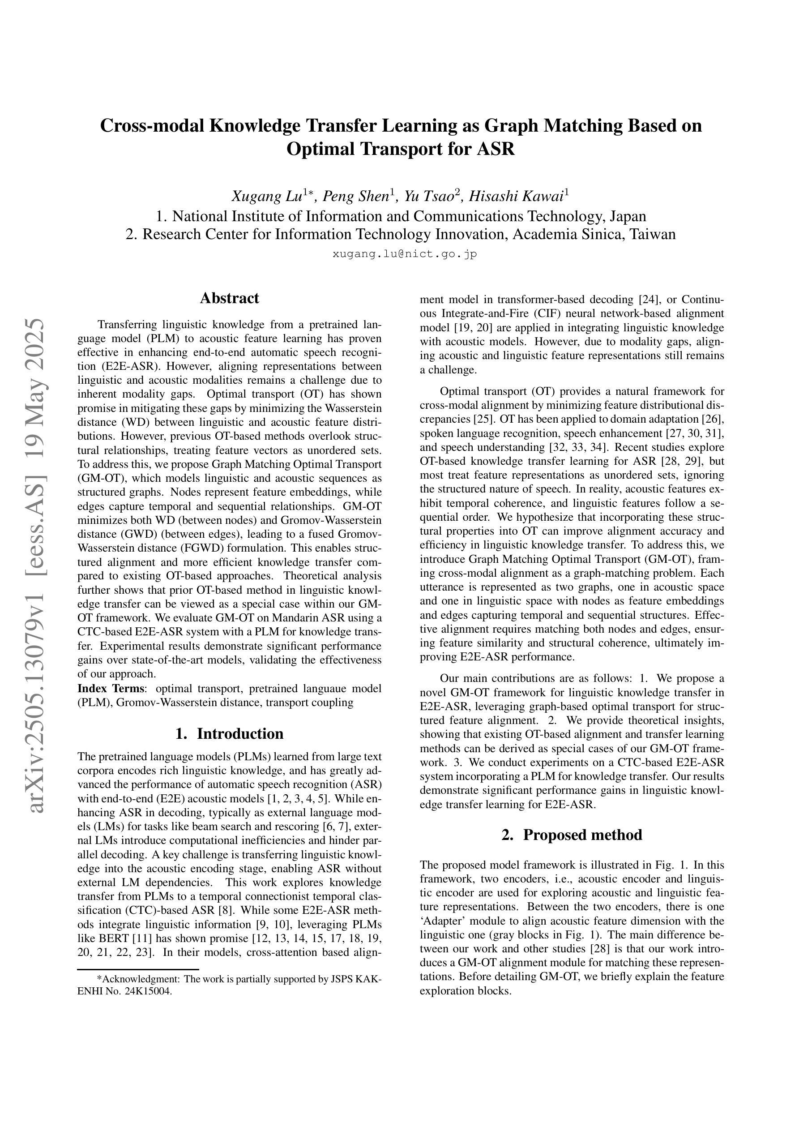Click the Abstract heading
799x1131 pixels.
click(229, 299)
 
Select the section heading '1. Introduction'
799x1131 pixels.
click(229, 734)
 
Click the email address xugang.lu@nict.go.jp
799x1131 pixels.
click(405, 254)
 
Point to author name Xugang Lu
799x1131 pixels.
click(266, 197)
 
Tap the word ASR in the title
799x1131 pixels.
click(496, 148)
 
